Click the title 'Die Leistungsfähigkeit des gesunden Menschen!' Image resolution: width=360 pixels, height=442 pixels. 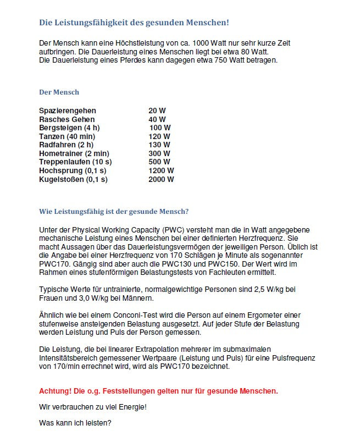pos(134,23)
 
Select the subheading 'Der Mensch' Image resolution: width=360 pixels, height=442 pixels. pos(59,92)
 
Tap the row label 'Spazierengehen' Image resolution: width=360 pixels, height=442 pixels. pos(68,110)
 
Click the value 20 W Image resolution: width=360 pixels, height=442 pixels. pos(157,110)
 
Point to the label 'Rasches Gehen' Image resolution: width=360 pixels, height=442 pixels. pos(67,119)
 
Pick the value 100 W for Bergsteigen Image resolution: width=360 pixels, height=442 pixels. pos(159,128)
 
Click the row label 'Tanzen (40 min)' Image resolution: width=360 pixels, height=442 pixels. pos(67,136)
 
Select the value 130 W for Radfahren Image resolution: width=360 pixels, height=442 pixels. pos(159,145)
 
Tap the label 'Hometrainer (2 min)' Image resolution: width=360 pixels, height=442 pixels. pos(74,153)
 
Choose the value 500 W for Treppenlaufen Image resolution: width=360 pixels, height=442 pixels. pos(159,162)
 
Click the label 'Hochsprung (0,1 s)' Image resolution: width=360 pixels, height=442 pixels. pos(72,170)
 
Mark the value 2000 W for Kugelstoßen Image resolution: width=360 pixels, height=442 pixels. pos(161,179)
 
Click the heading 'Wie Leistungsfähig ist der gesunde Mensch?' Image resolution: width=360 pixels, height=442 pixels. pos(114,211)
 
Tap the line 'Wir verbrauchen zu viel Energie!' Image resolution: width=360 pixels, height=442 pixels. pos(93,407)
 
